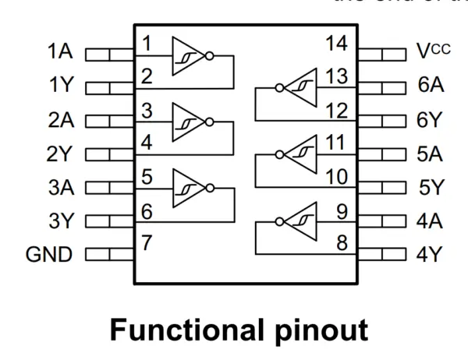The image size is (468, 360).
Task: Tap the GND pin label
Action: [49, 253]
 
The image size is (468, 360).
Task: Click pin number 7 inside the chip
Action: [147, 242]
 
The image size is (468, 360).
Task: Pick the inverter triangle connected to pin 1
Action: [188, 55]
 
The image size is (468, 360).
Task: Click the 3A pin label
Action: [59, 187]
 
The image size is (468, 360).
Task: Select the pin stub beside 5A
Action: [383, 154]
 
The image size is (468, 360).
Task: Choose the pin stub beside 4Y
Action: [383, 253]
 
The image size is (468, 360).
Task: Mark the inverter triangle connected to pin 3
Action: [188, 122]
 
